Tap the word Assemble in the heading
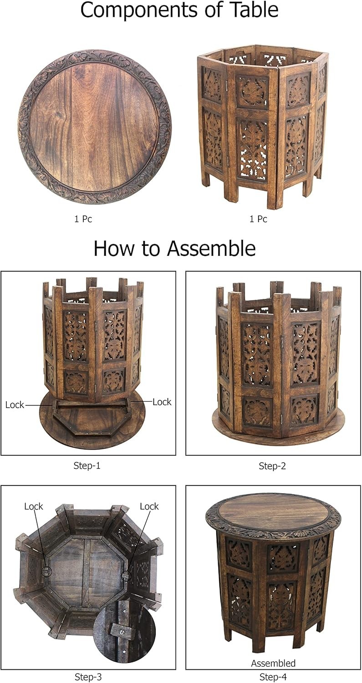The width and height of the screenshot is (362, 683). click(x=211, y=249)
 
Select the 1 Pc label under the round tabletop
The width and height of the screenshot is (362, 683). click(x=83, y=219)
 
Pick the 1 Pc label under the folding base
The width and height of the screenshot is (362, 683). click(x=258, y=219)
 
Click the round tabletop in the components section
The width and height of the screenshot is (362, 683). click(x=94, y=127)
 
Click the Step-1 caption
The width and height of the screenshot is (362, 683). click(x=87, y=465)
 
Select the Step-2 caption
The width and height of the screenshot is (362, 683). click(x=272, y=466)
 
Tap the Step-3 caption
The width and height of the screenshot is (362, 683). click(x=87, y=677)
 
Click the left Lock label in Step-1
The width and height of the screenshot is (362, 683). click(x=15, y=405)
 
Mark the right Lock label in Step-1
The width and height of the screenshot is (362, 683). click(x=162, y=402)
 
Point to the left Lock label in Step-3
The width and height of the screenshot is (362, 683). click(x=34, y=506)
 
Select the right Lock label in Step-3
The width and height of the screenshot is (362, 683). click(x=149, y=506)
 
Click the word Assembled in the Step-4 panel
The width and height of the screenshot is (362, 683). click(x=273, y=663)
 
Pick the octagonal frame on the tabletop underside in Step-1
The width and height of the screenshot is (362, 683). click(x=90, y=421)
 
